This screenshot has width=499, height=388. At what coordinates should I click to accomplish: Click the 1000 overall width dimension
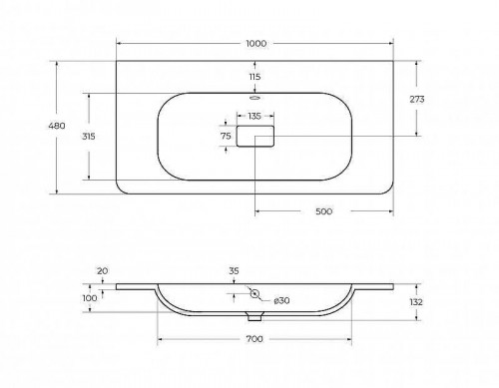(x=256, y=44)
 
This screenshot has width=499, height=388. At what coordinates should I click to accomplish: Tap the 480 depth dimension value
(x=57, y=126)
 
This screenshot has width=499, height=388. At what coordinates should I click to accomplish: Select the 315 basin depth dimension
(x=89, y=137)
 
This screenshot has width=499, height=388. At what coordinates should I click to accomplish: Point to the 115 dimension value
(x=254, y=77)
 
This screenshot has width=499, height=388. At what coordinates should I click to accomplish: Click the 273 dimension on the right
(x=417, y=99)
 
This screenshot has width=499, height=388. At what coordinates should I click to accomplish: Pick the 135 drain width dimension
(x=254, y=116)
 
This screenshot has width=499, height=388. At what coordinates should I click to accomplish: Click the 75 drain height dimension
(x=226, y=136)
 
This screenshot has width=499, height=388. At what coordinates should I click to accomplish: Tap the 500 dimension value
(x=323, y=211)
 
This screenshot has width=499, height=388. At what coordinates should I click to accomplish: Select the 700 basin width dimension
(x=254, y=339)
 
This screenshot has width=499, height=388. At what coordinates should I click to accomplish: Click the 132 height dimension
(x=416, y=302)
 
